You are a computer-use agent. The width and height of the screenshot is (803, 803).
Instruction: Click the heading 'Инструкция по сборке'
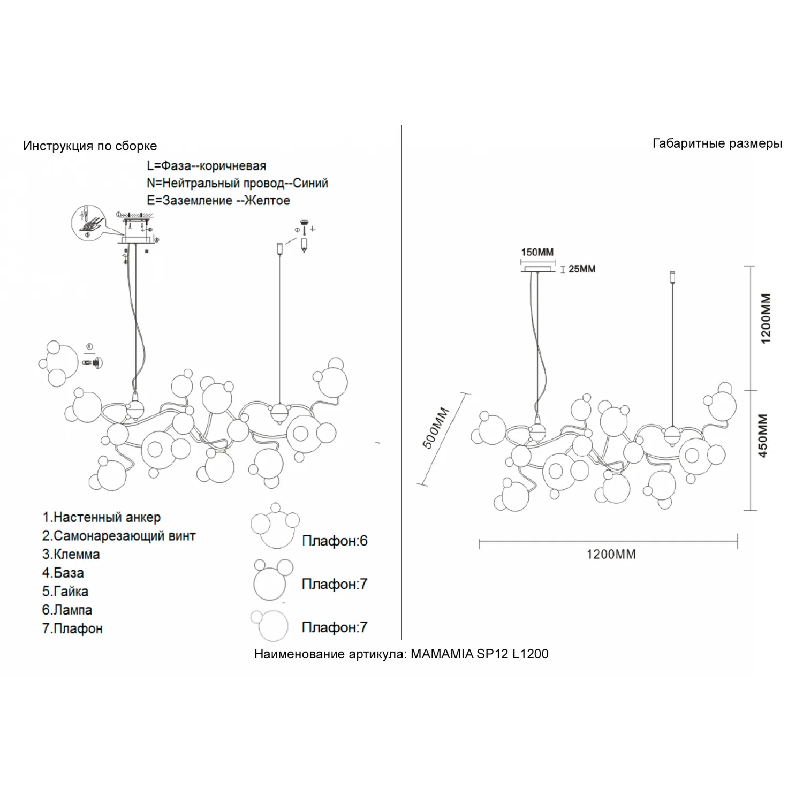click(x=90, y=146)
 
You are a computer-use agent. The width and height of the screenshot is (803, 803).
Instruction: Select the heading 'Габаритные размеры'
click(x=717, y=143)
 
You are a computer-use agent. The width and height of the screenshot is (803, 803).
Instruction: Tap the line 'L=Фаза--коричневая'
click(x=206, y=166)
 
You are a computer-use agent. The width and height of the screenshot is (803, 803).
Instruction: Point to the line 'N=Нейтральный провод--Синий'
click(x=237, y=183)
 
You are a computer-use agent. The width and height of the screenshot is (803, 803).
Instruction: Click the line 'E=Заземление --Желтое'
click(x=218, y=201)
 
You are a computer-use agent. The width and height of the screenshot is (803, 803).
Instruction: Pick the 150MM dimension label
click(x=537, y=252)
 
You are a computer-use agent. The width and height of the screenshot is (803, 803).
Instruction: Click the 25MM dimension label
click(x=582, y=269)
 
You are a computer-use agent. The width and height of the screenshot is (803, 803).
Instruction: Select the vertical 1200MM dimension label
click(x=766, y=319)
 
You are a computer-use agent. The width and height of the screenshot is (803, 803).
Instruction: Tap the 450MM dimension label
click(x=763, y=435)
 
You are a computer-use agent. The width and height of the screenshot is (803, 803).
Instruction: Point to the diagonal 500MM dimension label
click(x=436, y=428)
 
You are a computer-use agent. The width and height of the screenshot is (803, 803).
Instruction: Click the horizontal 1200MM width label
click(x=611, y=555)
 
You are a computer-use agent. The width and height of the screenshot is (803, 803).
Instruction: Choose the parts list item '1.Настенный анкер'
click(x=101, y=518)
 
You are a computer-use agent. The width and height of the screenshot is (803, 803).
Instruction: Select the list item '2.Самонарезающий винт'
click(x=119, y=536)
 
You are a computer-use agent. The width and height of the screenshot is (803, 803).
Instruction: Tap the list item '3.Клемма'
click(x=71, y=555)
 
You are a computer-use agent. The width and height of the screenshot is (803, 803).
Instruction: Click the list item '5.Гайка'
click(x=65, y=592)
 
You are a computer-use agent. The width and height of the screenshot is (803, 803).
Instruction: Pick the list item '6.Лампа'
click(x=67, y=610)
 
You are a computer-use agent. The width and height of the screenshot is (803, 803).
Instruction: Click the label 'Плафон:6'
click(x=335, y=541)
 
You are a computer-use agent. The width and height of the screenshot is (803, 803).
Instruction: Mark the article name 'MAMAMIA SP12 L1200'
click(x=480, y=654)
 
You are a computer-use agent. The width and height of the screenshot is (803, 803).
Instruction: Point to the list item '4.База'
click(x=63, y=573)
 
